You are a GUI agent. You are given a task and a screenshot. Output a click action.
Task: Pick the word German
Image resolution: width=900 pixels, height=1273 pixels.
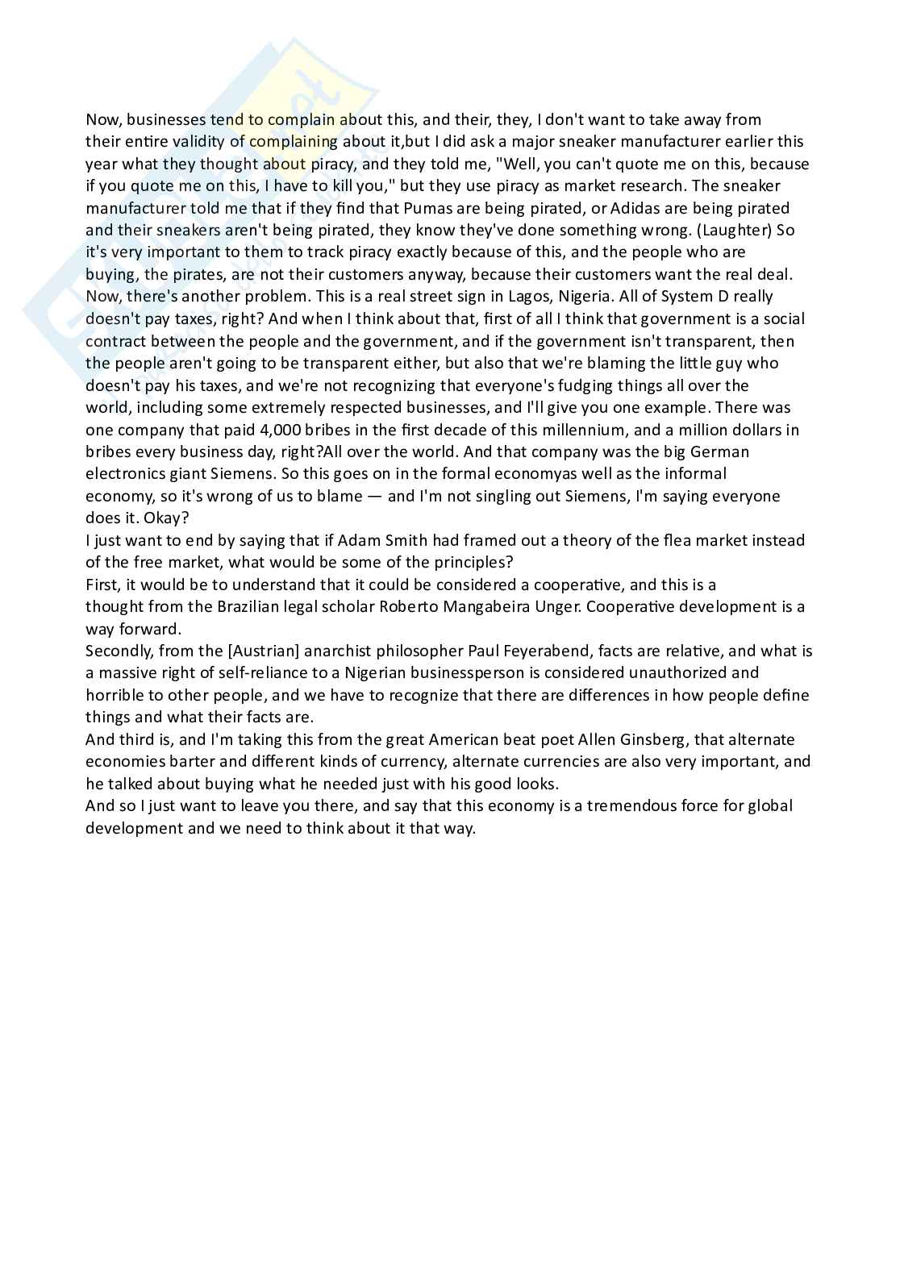(720, 451)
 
